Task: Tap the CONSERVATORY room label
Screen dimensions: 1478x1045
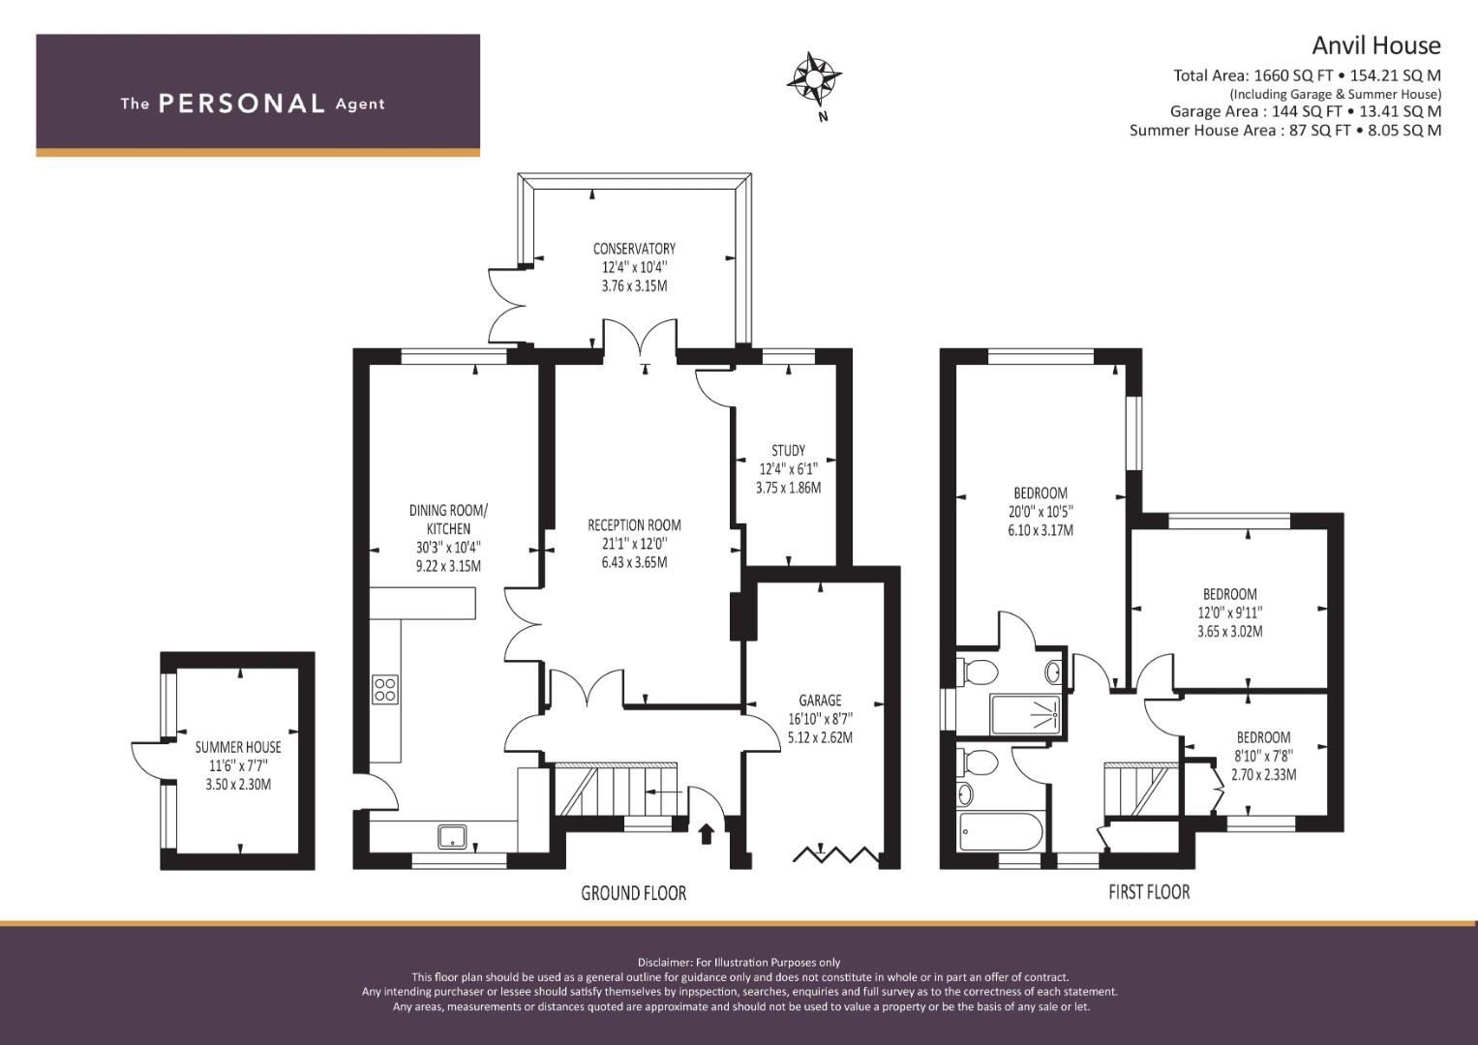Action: [x=634, y=249]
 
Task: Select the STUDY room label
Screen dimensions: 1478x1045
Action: [x=789, y=451]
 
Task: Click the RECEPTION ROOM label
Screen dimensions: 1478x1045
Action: [x=634, y=525]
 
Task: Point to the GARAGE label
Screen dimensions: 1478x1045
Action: [x=820, y=700]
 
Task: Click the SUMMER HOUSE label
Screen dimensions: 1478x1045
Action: [x=238, y=747]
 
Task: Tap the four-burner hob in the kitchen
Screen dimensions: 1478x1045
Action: [x=384, y=689]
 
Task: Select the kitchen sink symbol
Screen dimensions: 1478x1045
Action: [x=453, y=837]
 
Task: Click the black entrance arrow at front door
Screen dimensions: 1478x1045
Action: [x=707, y=834]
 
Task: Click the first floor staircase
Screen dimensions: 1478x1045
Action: [x=1141, y=790]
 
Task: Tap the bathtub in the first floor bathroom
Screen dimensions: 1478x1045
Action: [x=1002, y=832]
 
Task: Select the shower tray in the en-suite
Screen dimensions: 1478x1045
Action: [x=1026, y=714]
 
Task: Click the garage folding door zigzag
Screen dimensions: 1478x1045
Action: [x=836, y=855]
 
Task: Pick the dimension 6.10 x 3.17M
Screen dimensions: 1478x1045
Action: [x=1041, y=530]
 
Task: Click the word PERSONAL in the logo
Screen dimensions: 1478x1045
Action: [x=242, y=104]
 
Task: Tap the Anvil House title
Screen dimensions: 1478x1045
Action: [x=1376, y=45]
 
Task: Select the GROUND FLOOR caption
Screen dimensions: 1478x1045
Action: [x=633, y=893]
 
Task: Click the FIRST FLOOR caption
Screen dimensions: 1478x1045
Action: [x=1150, y=892]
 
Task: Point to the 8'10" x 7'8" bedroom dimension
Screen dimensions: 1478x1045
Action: [x=1263, y=756]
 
